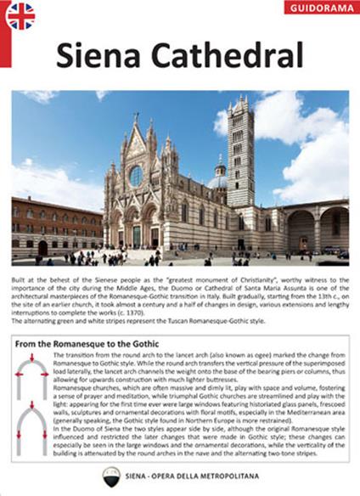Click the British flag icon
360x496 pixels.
point(20,16)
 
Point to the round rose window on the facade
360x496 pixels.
point(135,176)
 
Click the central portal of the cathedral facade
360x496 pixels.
point(135,234)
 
